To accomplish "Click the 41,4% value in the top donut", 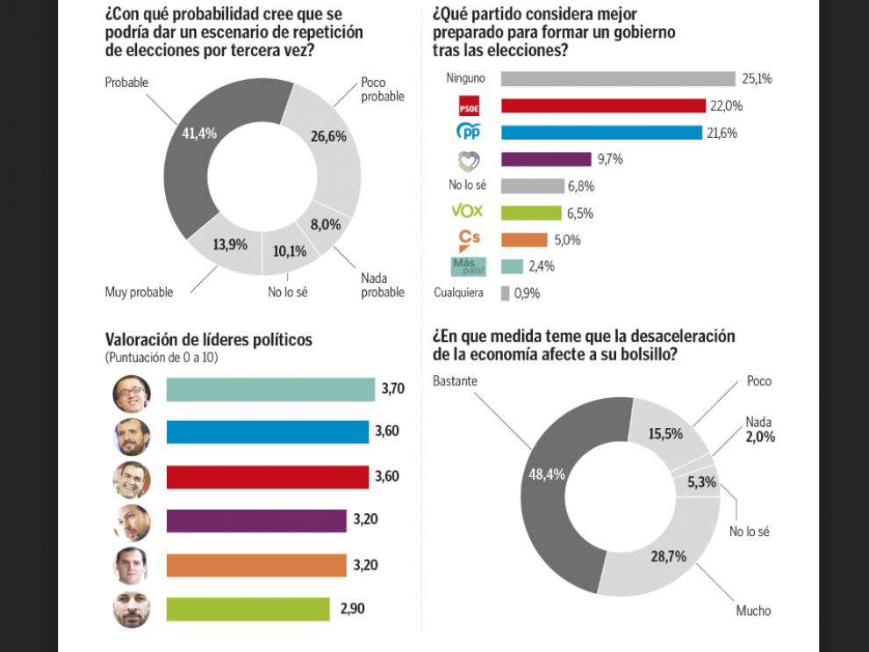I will click(x=199, y=134).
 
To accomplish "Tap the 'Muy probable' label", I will click(x=139, y=292).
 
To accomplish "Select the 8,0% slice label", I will click(x=325, y=225).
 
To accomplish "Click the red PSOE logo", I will click(x=470, y=106).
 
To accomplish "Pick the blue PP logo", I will click(x=470, y=133).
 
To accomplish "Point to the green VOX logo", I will click(x=467, y=212).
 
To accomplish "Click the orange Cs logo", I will click(x=470, y=239).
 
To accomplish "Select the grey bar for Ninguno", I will click(x=618, y=79).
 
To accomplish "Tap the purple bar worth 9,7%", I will click(x=546, y=159).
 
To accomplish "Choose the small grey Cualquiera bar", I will click(x=506, y=293).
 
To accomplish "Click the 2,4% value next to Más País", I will click(x=542, y=266).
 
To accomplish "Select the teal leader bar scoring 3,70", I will click(x=270, y=389).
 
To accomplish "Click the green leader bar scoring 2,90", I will click(x=248, y=609).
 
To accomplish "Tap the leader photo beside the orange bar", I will click(x=132, y=565).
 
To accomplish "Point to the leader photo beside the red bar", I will click(x=132, y=479).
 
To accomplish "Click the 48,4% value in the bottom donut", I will click(x=547, y=475).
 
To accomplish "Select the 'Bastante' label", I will click(x=455, y=380).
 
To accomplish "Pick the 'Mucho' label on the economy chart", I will click(x=754, y=610).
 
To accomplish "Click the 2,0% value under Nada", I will click(x=760, y=437).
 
